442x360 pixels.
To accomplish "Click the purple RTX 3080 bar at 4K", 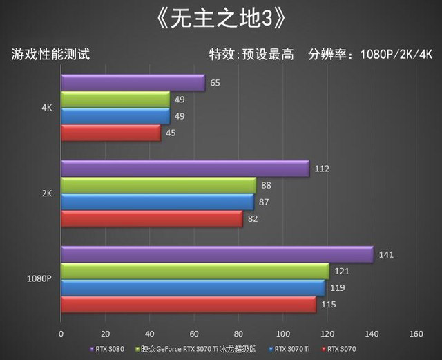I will (133, 83).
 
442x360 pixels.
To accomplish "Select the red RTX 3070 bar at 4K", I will (110, 133).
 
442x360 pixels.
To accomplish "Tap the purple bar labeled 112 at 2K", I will (184, 169).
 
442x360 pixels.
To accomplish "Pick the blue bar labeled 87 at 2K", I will (157, 202).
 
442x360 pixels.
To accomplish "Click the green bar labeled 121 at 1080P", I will (195, 271).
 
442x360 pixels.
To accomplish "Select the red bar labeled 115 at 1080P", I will (188, 304).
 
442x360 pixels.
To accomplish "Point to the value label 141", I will (386, 255).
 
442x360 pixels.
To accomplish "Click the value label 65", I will (215, 83).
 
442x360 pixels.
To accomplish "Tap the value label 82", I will (253, 219).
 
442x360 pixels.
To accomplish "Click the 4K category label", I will (47, 108).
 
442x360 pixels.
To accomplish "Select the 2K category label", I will (47, 193).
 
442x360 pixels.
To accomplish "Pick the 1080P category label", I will (39, 279).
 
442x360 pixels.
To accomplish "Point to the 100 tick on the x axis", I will (282, 334).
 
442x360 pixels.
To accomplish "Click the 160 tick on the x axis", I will (415, 334).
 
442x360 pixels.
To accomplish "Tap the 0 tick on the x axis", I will (61, 334).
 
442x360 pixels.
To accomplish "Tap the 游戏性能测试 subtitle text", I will (50, 54).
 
